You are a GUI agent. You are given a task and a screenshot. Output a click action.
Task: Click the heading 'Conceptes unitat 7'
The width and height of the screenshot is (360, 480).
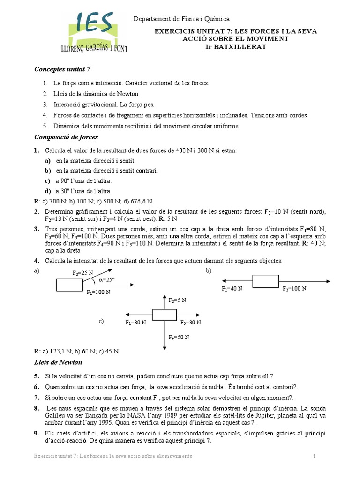tap(62, 69)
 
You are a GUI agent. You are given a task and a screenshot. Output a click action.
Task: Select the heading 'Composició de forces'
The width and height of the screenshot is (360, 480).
tap(66, 137)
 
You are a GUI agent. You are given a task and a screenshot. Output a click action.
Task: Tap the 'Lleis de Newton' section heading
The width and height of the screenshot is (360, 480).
tap(58, 362)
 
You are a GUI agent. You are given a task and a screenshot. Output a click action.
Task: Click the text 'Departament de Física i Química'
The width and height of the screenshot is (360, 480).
tap(182, 19)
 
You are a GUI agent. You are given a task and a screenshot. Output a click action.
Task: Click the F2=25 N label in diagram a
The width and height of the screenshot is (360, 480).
tap(83, 273)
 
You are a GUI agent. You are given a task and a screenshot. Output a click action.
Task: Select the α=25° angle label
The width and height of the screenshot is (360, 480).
tap(106, 280)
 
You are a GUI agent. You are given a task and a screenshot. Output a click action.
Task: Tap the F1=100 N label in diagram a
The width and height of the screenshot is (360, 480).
tap(98, 292)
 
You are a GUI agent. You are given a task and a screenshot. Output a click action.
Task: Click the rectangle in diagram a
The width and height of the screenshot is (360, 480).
tap(69, 285)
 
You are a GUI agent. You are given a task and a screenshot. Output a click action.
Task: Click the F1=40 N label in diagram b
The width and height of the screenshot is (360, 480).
tap(232, 289)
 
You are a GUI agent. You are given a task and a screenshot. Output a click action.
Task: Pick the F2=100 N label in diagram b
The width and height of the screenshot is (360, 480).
tap(294, 289)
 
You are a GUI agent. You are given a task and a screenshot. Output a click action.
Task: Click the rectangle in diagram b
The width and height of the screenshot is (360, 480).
tap(266, 281)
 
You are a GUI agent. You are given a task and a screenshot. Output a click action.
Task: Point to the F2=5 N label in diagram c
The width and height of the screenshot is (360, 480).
tap(177, 300)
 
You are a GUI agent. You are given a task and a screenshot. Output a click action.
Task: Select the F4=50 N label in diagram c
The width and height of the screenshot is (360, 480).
tap(178, 337)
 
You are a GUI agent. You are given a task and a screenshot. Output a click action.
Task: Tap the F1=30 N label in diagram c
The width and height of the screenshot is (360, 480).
tap(135, 322)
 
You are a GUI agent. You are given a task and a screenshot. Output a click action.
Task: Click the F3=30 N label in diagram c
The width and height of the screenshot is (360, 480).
tap(191, 322)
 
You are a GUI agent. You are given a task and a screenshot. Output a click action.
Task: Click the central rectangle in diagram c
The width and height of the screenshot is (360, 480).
tap(164, 315)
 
